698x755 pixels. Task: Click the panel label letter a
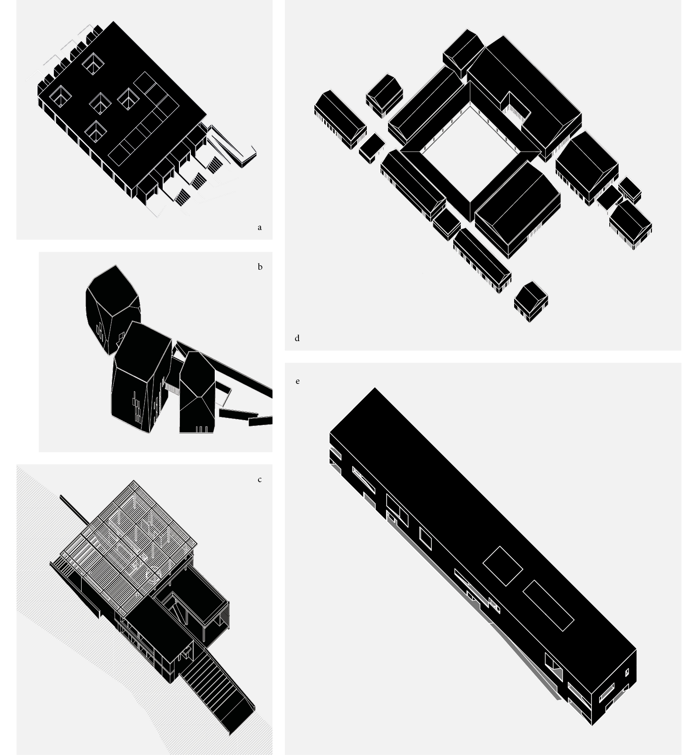(260, 227)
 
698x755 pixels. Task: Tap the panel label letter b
(260, 267)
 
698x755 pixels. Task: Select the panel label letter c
(260, 480)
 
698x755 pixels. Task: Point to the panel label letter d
(297, 338)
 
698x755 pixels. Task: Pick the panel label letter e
(298, 381)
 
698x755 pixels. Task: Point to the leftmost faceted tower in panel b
(112, 309)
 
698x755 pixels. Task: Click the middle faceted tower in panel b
(141, 377)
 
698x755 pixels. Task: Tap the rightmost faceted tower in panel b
(197, 392)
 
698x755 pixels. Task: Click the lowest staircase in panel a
(181, 197)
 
